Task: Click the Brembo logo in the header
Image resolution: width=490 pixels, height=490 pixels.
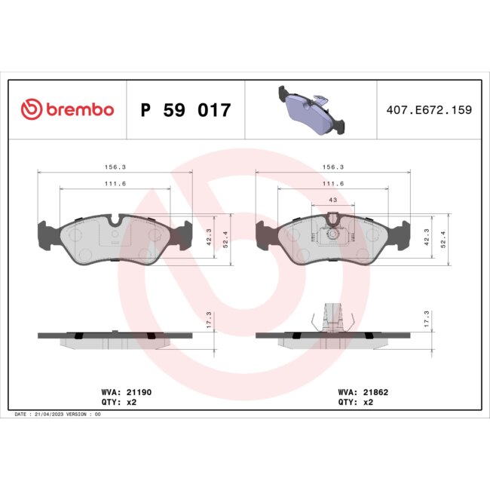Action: click(x=67, y=110)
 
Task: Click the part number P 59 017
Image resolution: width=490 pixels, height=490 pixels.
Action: click(x=185, y=111)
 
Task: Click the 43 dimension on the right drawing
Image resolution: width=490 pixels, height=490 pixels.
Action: click(x=332, y=199)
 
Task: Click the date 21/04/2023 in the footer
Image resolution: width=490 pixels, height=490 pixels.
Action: click(x=58, y=415)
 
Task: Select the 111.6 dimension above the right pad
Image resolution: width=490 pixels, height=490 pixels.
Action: click(x=332, y=184)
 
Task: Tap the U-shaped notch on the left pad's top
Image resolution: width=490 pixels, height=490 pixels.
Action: click(x=115, y=221)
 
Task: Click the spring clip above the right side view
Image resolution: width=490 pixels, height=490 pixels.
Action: click(x=332, y=316)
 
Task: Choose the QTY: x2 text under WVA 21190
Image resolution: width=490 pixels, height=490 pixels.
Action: click(x=118, y=403)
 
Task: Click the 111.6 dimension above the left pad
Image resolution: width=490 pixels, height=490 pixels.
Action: click(x=115, y=184)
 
